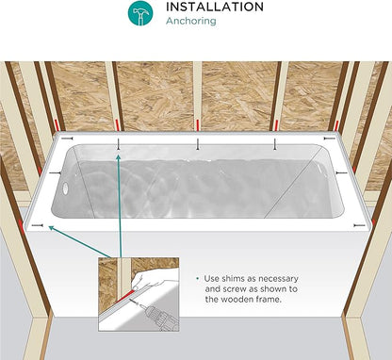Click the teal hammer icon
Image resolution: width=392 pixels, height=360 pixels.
[140, 13]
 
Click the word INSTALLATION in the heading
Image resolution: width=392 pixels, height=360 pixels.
[215, 7]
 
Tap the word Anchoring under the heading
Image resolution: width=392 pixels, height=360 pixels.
[191, 21]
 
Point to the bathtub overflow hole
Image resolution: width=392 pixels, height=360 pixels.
[65, 188]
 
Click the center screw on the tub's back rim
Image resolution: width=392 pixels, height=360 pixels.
[197, 144]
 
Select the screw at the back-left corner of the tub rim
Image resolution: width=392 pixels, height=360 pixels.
[67, 139]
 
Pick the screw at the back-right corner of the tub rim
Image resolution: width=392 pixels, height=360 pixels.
[329, 139]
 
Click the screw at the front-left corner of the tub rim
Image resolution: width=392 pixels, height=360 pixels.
[38, 225]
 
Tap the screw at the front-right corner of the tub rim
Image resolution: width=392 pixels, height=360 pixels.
[359, 225]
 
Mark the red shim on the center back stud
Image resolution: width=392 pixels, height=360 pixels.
[197, 125]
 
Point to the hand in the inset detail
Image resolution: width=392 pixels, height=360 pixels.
[147, 282]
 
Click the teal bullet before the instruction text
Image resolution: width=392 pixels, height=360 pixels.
[198, 279]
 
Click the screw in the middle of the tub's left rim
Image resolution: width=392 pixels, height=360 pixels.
[55, 172]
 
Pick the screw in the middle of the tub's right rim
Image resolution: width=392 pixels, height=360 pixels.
[341, 172]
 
